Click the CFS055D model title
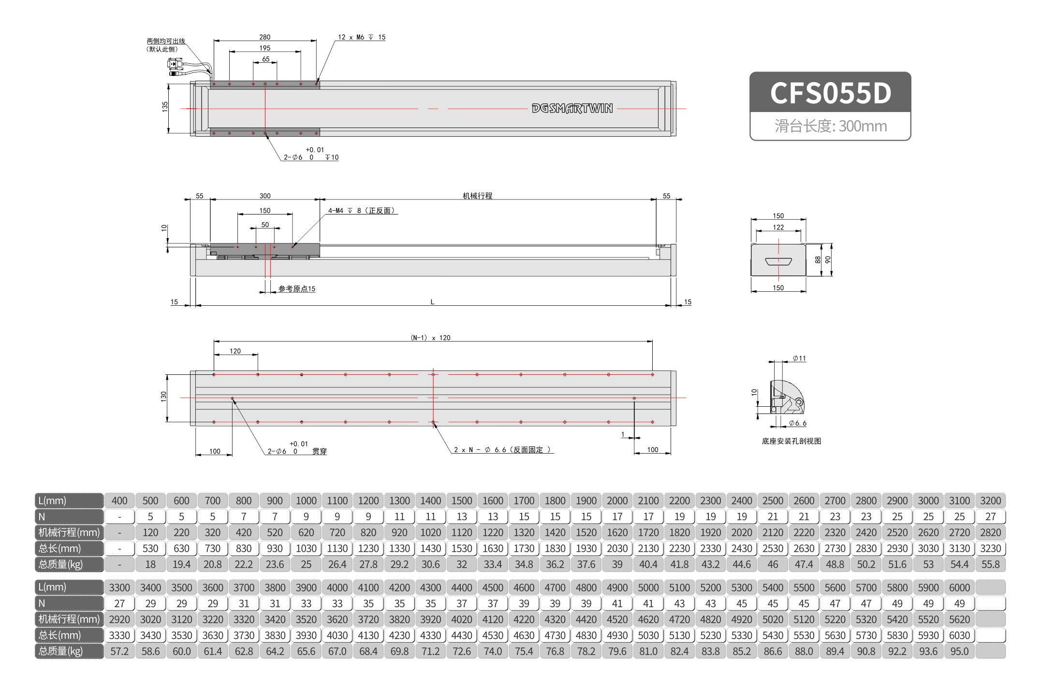coord(830,93)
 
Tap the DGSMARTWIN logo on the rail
coord(572,108)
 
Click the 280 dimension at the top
coord(264,37)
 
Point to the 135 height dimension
coord(165,107)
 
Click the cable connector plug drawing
coord(175,65)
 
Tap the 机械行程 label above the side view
coord(477,196)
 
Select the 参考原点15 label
coord(296,289)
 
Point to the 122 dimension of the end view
coord(778,227)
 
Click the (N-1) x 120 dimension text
coord(430,338)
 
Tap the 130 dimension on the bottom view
coord(163,397)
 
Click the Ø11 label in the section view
coord(799,358)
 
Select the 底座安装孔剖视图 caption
coord(791,441)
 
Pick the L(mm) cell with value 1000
coord(306,501)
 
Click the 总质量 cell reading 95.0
coord(959,652)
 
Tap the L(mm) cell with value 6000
coord(959,588)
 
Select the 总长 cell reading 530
coord(150,549)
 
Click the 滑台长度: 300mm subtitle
coord(830,126)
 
